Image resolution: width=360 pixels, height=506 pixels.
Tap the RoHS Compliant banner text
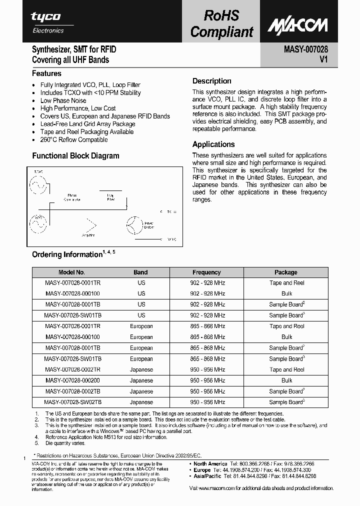221,24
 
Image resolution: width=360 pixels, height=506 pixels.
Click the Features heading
46,73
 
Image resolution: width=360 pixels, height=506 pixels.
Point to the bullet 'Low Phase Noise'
63,100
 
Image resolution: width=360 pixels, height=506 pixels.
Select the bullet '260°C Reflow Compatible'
74,140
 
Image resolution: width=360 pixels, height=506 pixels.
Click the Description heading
212,81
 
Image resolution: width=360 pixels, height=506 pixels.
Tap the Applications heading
213,144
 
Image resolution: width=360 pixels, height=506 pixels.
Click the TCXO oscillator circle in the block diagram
38,186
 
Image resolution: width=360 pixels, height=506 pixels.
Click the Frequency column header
206,272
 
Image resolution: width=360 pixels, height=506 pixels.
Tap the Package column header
286,272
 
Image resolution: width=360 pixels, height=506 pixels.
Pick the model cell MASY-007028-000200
72,380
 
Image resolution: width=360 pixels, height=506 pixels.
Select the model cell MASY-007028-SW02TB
72,402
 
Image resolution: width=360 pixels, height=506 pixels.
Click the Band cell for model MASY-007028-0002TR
141,369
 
